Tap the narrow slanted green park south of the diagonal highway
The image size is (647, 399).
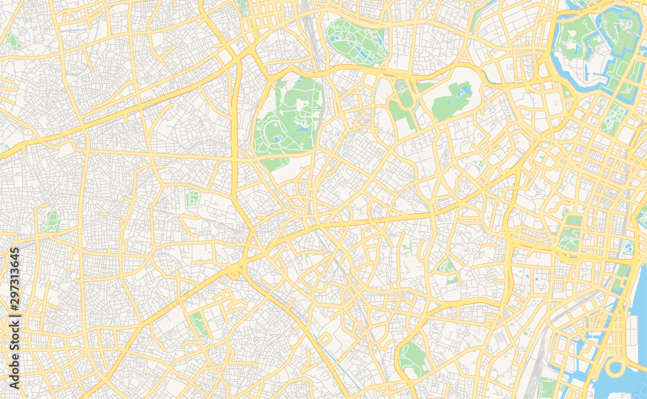click(200, 323)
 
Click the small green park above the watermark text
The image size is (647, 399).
click(51, 222)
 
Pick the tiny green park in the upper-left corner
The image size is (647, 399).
click(12, 40)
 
